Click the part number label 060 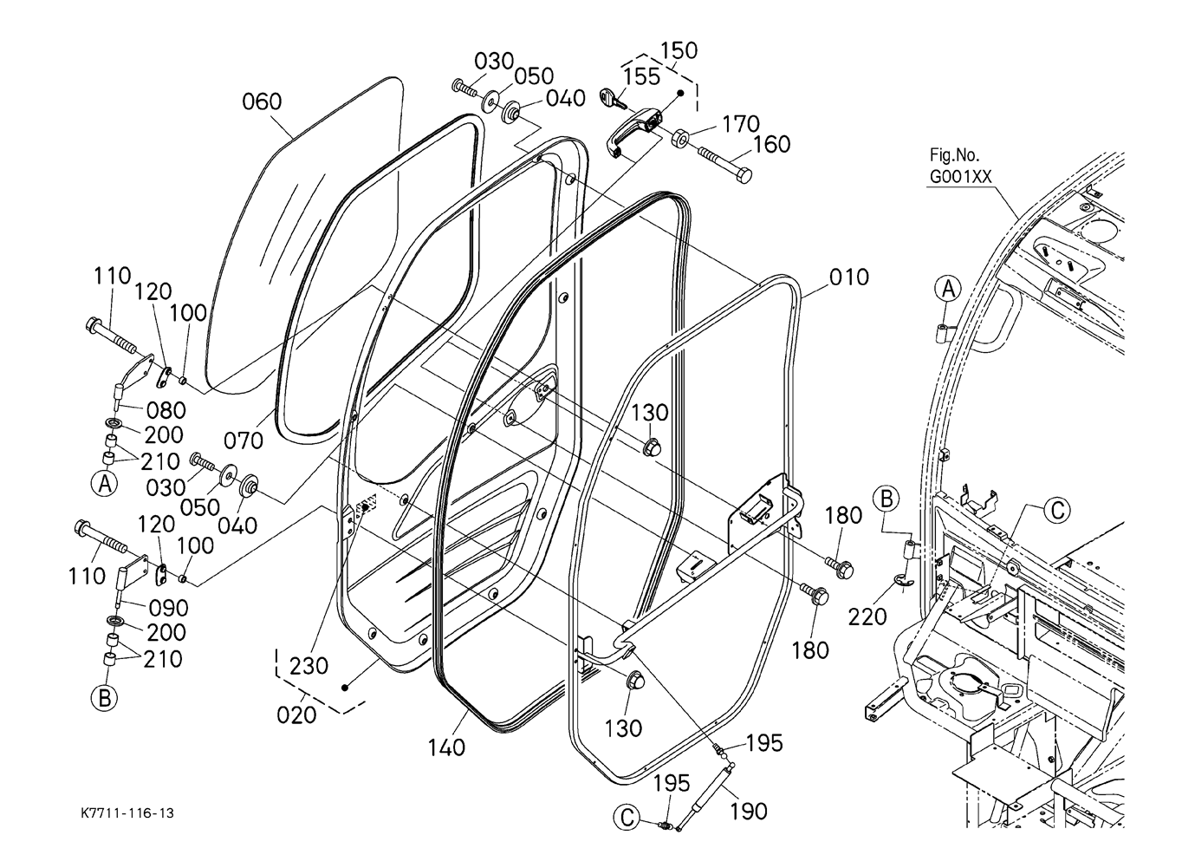(262, 101)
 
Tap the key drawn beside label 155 (612, 100)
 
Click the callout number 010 (848, 277)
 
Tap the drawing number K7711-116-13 (127, 813)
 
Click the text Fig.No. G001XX (960, 166)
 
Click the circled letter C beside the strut (627, 819)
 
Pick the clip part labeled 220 (903, 583)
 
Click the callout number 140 (446, 747)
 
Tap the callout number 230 (308, 666)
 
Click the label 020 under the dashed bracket (296, 715)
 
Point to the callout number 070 (244, 441)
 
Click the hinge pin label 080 (166, 410)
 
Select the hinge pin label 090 (169, 608)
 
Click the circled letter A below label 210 (105, 484)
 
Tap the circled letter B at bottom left (105, 698)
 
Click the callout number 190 (748, 812)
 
